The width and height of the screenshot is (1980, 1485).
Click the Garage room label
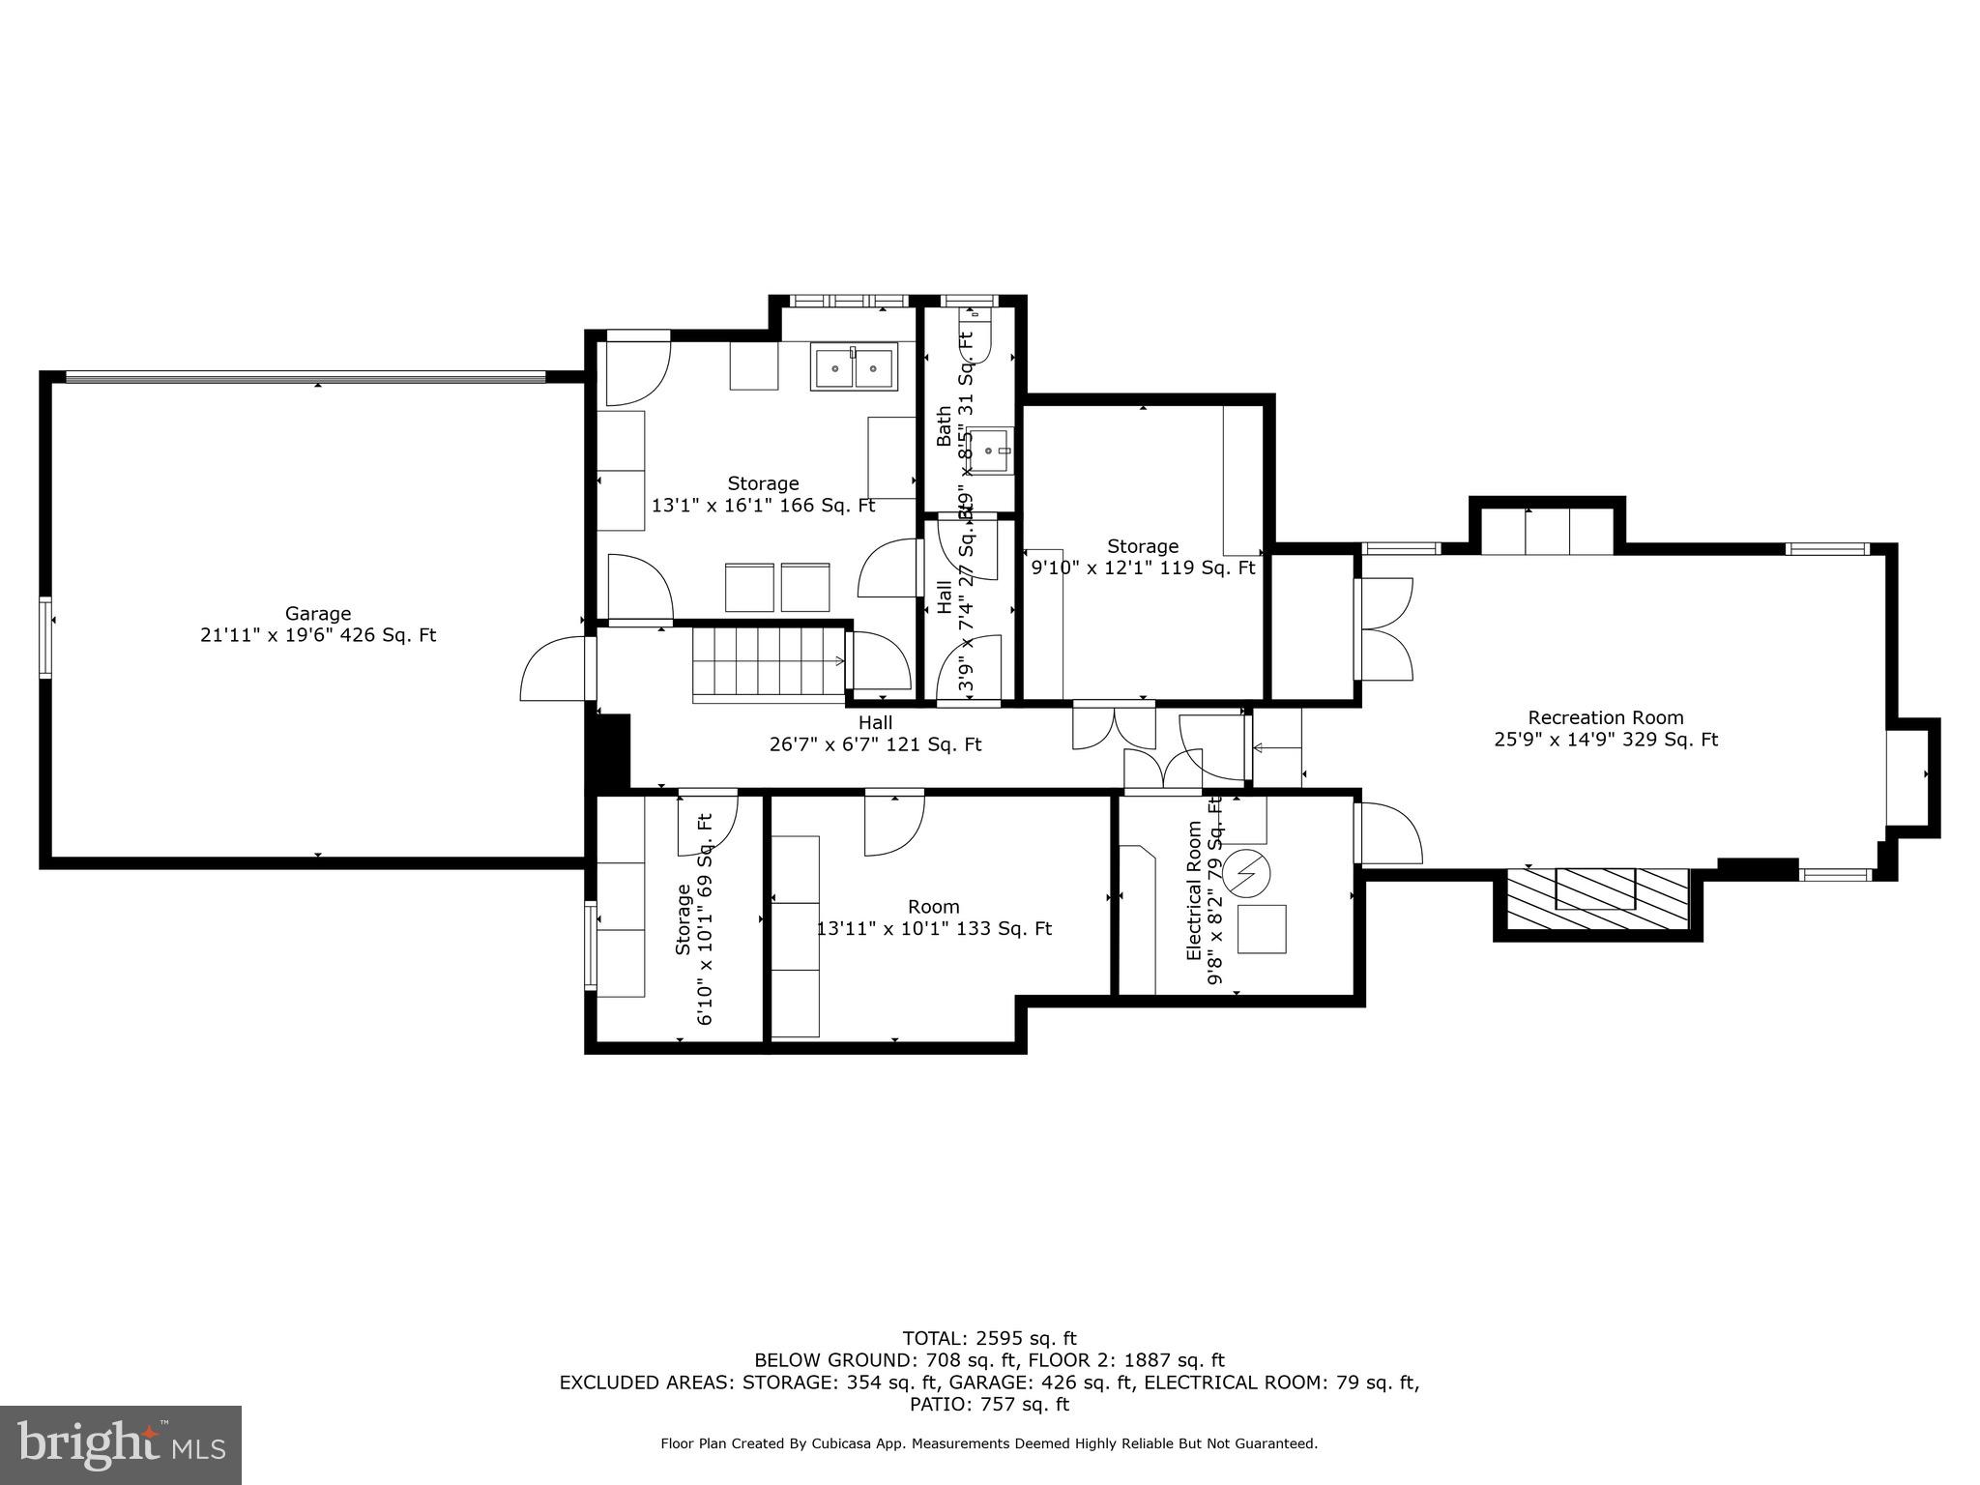point(318,625)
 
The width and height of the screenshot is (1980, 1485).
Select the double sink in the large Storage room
point(855,368)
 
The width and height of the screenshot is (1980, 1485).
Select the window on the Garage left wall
point(45,638)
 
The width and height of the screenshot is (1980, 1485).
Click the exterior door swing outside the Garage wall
point(553,670)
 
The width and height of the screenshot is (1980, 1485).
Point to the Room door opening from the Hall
point(894,822)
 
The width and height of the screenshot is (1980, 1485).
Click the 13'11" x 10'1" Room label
point(934,918)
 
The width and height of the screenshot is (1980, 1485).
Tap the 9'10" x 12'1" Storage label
point(1143,558)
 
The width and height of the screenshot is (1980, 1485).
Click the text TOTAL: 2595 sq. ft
point(989,1339)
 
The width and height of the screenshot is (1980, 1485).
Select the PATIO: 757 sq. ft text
point(989,1405)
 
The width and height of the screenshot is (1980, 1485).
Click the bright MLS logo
point(121,1445)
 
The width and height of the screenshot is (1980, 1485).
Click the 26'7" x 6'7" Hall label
point(875,734)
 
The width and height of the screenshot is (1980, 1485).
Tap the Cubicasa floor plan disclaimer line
point(989,1444)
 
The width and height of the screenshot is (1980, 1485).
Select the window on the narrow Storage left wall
point(591,946)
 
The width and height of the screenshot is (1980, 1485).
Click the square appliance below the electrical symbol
point(1263,929)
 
